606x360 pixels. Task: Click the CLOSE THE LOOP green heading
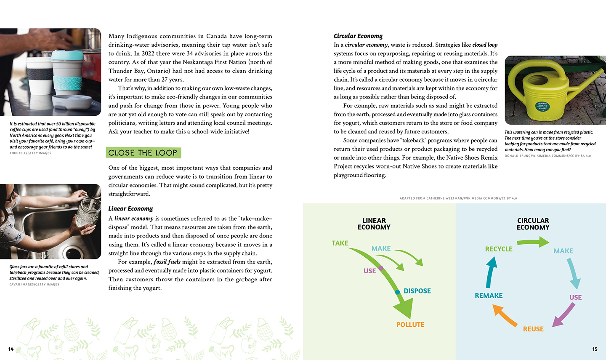pos(143,153)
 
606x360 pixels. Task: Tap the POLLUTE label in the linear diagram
pos(410,325)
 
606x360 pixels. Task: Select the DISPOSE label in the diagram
pos(417,291)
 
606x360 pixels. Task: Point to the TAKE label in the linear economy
pos(340,243)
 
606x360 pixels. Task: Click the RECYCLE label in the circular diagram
pos(499,249)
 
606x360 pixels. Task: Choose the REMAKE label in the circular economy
pos(489,296)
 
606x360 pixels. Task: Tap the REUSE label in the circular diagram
pos(533,329)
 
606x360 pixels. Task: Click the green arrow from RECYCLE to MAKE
pos(533,242)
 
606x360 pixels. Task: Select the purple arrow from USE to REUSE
pos(563,315)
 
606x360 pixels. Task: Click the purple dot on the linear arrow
pos(380,268)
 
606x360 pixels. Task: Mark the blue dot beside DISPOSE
pos(397,292)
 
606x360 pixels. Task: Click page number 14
pos(11,349)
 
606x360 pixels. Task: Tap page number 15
pos(595,349)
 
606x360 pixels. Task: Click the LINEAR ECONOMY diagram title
pos(374,224)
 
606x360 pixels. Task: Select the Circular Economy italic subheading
pos(358,36)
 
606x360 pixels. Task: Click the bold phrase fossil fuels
pos(167,262)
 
